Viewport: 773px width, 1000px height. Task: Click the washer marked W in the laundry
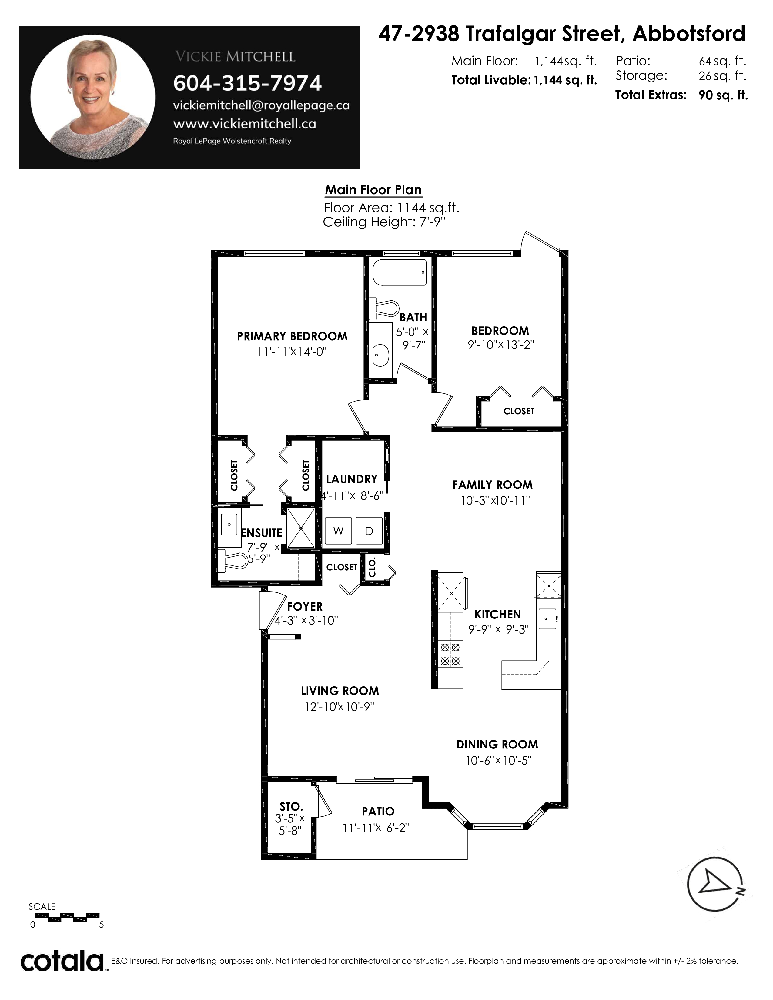[x=338, y=531]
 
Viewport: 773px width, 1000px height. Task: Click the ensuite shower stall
[x=301, y=528]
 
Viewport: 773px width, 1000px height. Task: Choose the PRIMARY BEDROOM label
[x=292, y=337]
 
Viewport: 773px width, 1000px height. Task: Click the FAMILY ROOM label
[x=492, y=485]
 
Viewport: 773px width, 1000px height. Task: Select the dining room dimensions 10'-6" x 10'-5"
[x=498, y=761]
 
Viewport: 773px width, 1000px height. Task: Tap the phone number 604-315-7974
[x=247, y=83]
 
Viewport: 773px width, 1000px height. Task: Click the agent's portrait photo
[x=93, y=97]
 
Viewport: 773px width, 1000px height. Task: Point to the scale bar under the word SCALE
[x=67, y=915]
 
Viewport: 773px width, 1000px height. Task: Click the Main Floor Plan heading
[x=373, y=190]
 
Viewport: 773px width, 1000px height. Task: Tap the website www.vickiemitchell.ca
[x=245, y=124]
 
